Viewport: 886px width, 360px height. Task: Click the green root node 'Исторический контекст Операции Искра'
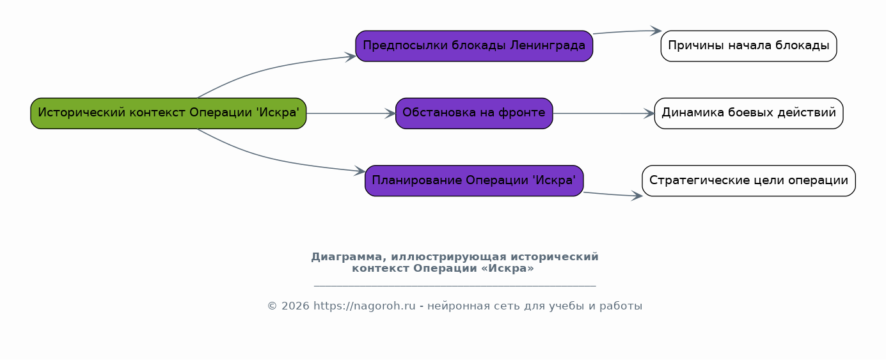168,113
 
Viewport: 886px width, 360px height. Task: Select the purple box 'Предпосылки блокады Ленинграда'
474,46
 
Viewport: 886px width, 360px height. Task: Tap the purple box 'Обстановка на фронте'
474,113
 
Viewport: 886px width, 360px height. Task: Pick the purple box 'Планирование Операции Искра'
474,180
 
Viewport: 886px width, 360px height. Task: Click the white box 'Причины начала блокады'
748,46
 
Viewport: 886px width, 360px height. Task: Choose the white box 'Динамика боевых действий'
748,113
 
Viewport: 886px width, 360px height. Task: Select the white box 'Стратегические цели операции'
748,180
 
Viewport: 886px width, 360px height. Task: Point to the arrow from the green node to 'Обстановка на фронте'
351,113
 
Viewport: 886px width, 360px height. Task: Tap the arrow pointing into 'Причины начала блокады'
628,31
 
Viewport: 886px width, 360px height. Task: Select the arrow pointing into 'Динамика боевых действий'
604,113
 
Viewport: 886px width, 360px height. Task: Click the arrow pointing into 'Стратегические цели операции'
613,194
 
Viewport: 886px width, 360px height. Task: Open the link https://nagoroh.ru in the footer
364,306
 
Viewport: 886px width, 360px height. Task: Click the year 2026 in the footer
295,306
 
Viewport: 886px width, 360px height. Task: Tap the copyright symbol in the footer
272,306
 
